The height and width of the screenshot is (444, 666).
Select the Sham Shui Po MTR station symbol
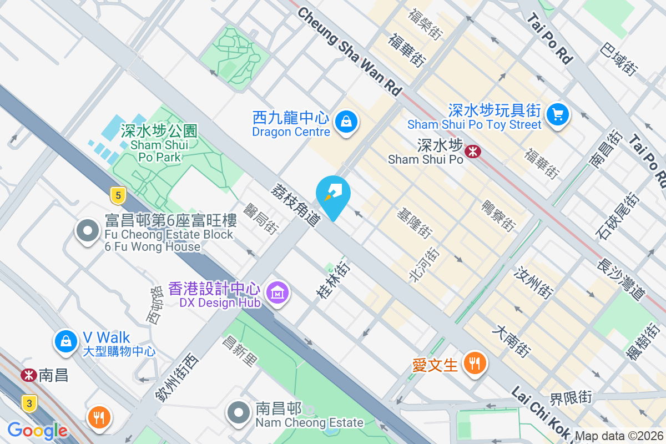coord(472,150)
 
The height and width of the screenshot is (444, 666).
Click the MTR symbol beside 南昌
coord(28,375)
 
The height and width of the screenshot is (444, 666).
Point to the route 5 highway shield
coord(116,195)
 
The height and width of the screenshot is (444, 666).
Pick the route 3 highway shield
coord(28,403)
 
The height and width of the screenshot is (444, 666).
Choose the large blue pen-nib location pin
coord(333,196)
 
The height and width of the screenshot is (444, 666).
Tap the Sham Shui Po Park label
coord(159,144)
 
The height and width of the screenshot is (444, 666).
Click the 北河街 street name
coord(425,266)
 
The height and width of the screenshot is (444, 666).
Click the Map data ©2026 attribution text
coord(619,436)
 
